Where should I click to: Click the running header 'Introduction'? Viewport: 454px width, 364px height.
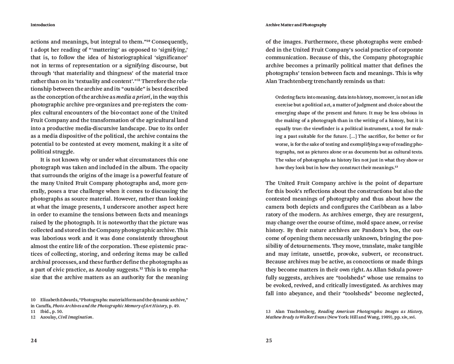pos(43,25)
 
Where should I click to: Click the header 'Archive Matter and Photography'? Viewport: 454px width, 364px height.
pos(296,25)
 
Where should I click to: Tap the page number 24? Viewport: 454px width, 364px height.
pos(34,341)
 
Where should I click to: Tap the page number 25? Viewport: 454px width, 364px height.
pos(269,341)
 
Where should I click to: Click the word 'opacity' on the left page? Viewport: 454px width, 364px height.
pos(177,168)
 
